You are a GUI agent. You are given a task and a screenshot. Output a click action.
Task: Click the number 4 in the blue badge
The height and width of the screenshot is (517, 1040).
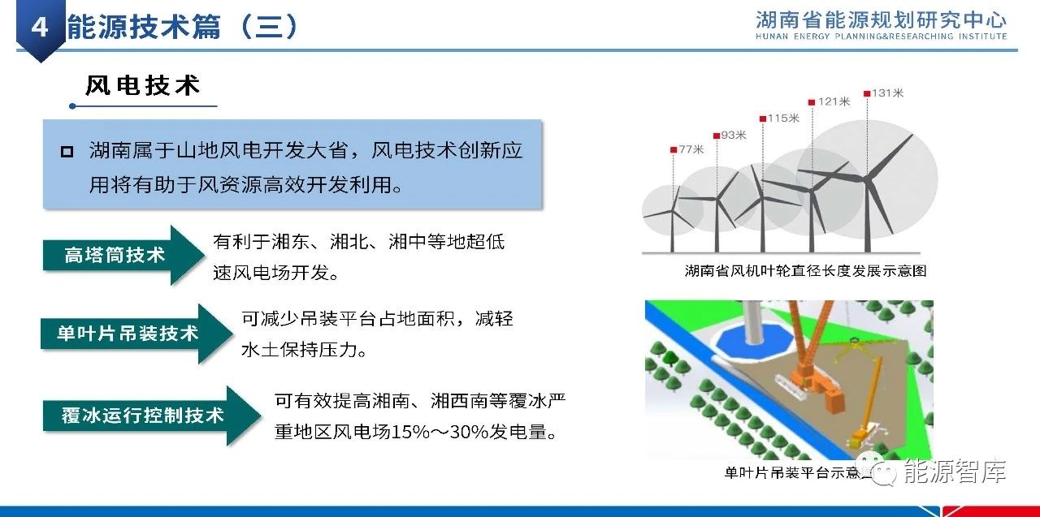tap(40, 28)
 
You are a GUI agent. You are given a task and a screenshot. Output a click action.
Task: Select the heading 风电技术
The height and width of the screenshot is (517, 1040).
tap(142, 86)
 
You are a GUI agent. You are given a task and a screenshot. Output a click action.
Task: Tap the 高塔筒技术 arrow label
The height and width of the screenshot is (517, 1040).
tap(115, 255)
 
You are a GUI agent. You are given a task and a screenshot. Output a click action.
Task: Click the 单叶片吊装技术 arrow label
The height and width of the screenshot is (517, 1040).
tap(128, 334)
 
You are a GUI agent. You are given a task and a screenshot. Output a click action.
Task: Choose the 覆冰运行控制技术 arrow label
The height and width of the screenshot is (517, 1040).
tap(142, 415)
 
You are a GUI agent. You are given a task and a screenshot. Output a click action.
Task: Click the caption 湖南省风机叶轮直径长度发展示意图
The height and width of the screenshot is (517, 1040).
tap(805, 271)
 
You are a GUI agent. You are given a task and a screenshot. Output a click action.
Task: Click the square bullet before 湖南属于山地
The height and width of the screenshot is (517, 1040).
tap(67, 152)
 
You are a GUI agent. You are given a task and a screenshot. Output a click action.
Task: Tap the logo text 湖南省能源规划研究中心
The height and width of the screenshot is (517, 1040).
tap(881, 20)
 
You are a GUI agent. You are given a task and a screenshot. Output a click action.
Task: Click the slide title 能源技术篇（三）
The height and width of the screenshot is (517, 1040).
tap(183, 27)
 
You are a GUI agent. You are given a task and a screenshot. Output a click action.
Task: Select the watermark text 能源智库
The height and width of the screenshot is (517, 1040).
tap(955, 472)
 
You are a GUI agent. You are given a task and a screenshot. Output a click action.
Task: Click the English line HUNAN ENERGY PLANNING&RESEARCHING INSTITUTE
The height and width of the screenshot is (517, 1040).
tap(881, 37)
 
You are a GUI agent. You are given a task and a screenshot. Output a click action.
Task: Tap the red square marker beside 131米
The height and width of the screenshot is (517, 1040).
tap(867, 93)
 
